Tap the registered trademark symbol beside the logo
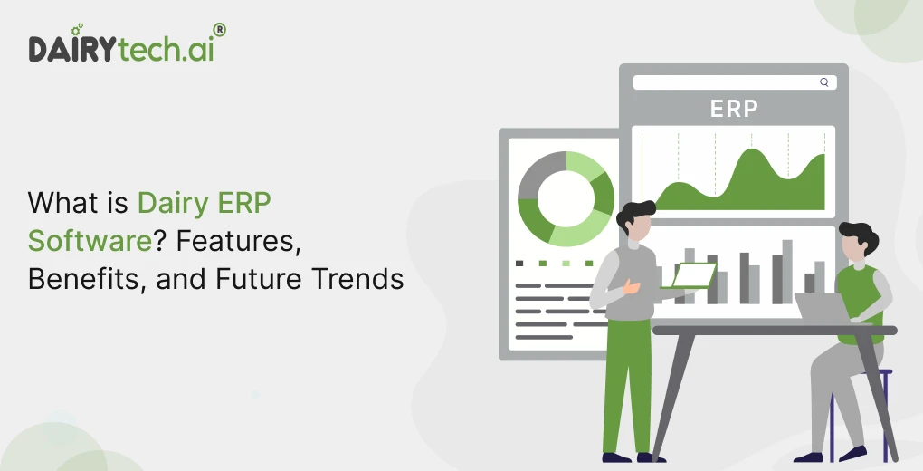(x=220, y=30)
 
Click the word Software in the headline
(x=76, y=240)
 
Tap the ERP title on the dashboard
(x=733, y=109)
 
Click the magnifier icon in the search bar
(x=823, y=82)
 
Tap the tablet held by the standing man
(x=693, y=274)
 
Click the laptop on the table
(x=819, y=309)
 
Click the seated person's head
(x=856, y=242)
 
